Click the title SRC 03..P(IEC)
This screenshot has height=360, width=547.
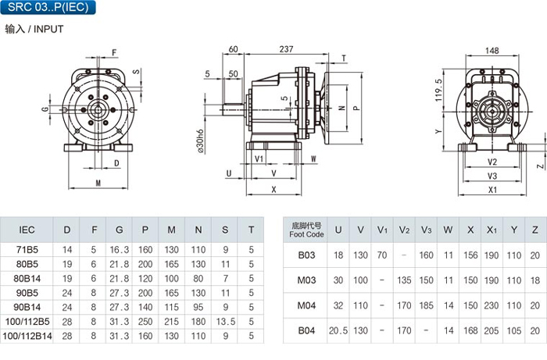tap(48, 8)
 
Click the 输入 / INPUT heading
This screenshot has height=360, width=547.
tap(34, 29)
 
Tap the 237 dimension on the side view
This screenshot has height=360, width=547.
tap(286, 49)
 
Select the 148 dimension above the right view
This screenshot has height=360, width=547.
tap(492, 51)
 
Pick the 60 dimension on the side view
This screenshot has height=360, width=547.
tap(234, 49)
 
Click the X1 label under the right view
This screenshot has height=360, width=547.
tap(492, 190)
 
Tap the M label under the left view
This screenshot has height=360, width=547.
tap(98, 184)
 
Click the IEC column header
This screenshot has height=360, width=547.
tap(26, 230)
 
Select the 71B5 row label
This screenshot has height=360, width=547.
tap(26, 250)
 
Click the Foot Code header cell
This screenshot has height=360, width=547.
tap(306, 230)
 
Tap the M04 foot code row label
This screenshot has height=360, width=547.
tap(306, 305)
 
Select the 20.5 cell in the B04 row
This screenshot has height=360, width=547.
tap(338, 331)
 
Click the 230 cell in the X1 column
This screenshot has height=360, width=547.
tap(492, 305)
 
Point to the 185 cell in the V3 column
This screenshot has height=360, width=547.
tap(426, 305)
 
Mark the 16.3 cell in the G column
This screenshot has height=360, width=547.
tap(119, 250)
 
